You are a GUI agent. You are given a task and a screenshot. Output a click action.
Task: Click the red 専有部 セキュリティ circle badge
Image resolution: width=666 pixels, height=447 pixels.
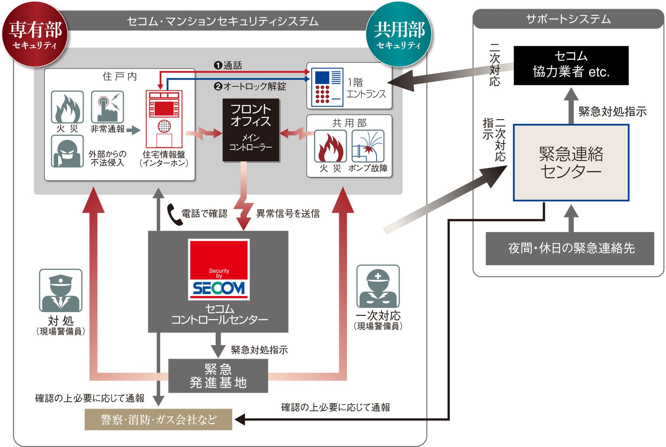pyautogui.click(x=35, y=35)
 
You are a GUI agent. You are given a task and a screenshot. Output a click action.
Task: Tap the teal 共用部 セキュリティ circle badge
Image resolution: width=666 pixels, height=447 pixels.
pyautogui.click(x=399, y=35)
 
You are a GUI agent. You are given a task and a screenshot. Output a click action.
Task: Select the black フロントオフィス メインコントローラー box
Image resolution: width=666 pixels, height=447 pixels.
pyautogui.click(x=251, y=130)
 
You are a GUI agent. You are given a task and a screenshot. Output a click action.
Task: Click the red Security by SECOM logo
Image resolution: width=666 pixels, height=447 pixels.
pyautogui.click(x=219, y=269)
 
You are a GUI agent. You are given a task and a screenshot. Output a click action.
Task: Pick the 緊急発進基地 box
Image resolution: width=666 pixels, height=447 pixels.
pyautogui.click(x=218, y=376)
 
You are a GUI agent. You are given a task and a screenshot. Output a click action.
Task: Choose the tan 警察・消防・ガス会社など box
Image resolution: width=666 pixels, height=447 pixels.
pyautogui.click(x=159, y=419)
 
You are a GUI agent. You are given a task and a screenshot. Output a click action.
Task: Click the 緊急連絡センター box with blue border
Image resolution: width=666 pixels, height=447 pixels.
pyautogui.click(x=571, y=162)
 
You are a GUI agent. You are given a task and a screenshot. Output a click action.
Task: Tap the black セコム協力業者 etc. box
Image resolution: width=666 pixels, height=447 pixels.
pyautogui.click(x=571, y=65)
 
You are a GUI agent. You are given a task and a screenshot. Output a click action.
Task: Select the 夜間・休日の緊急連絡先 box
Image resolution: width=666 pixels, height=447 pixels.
pyautogui.click(x=570, y=248)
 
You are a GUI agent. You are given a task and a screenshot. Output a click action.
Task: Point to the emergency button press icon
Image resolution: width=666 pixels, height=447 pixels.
pyautogui.click(x=107, y=107)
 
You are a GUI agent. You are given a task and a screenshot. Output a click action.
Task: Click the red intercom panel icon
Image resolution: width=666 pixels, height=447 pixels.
pyautogui.click(x=164, y=119)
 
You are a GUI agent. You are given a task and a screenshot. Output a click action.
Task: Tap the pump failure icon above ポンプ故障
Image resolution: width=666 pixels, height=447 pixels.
pyautogui.click(x=368, y=146)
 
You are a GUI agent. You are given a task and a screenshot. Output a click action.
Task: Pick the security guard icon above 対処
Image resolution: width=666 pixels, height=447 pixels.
pyautogui.click(x=61, y=290)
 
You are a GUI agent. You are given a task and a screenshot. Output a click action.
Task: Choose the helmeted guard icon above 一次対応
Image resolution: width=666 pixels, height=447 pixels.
pyautogui.click(x=378, y=286)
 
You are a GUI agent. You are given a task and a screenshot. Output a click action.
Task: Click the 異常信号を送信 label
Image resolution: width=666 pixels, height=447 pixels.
pyautogui.click(x=288, y=214)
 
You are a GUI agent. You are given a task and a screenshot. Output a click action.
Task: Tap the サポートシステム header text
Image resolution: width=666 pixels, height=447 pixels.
pyautogui.click(x=568, y=19)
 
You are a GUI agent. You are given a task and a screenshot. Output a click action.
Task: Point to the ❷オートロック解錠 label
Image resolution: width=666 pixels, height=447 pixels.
pyautogui.click(x=250, y=86)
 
